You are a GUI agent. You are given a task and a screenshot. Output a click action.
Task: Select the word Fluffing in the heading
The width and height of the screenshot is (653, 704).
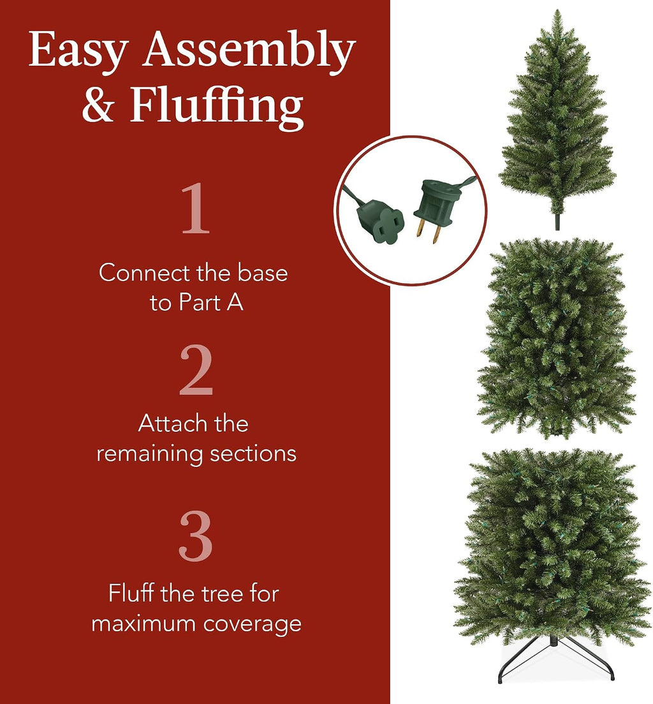tap(216, 107)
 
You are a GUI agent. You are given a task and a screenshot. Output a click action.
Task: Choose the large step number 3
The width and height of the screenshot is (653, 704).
tap(195, 536)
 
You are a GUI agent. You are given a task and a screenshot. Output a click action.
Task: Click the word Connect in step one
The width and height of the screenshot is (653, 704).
tap(143, 272)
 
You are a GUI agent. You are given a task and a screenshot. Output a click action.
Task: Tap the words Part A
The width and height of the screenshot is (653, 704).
tap(210, 302)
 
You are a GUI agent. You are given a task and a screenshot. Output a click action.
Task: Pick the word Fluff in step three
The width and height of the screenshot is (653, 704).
tap(131, 593)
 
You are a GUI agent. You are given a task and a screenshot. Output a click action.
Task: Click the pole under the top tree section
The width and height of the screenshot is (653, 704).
tap(557, 220)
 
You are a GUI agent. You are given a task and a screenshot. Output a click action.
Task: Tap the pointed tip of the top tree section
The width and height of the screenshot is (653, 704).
tap(557, 10)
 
